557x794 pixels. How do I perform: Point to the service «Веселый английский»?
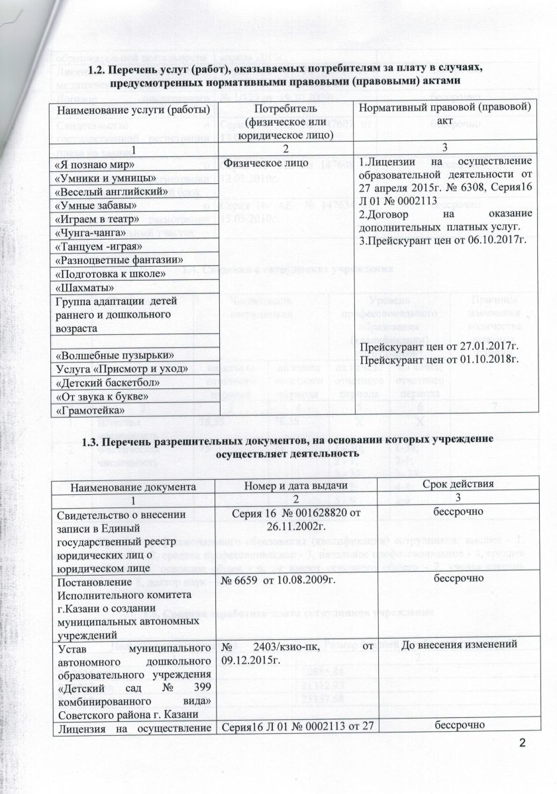click(x=108, y=191)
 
